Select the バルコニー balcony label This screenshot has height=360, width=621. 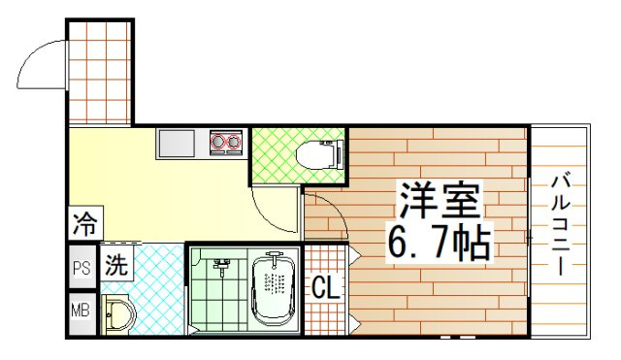[561, 224]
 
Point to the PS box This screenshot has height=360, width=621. [82, 267]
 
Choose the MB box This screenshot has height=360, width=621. [82, 311]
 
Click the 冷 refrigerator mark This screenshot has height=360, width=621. [83, 225]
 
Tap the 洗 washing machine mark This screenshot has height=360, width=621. [115, 264]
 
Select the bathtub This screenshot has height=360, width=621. [274, 288]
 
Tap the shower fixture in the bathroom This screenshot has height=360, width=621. [220, 264]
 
